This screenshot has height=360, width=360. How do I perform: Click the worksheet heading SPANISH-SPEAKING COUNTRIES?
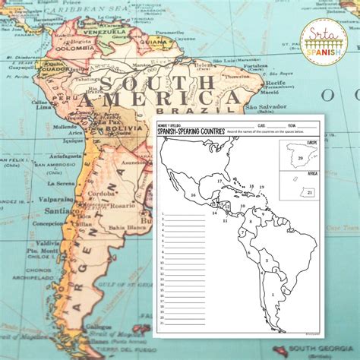pos(191,131)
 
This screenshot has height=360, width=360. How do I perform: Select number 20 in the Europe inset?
pos(302,159)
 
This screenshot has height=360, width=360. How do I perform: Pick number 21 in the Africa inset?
pos(310,193)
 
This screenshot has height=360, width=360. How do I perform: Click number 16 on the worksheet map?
pos(193,195)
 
